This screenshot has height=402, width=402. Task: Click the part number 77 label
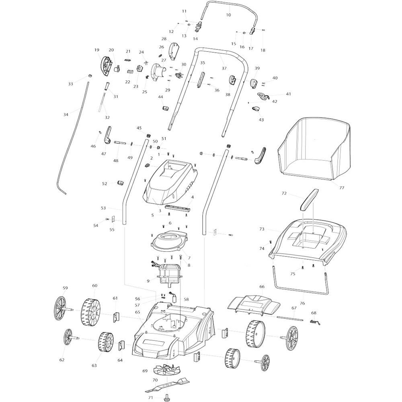(x=342, y=188)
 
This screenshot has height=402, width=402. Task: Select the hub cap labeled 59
(x=62, y=308)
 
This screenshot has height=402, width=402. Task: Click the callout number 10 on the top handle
(x=228, y=15)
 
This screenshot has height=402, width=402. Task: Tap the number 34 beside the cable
(x=66, y=115)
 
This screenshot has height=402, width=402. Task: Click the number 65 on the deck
(x=137, y=312)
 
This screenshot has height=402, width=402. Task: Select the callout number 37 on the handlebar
(x=224, y=68)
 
